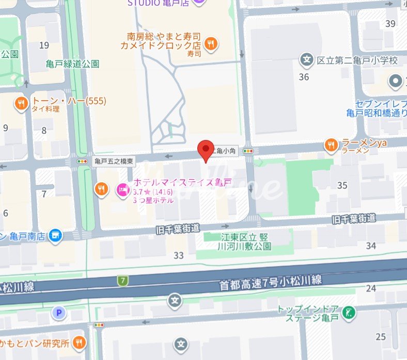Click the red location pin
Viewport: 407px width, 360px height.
coord(206,149)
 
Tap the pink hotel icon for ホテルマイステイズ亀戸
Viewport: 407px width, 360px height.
coord(123,190)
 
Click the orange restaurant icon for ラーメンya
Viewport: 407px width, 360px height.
coord(331,146)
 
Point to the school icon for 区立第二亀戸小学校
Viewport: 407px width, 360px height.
coord(307,60)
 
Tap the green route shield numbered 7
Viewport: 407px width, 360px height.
coord(122,281)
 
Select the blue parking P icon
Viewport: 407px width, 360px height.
coord(58,312)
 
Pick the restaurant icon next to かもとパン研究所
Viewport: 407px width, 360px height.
coord(79,342)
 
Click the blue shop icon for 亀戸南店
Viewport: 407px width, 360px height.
coord(55,236)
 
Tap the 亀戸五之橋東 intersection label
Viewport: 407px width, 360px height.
coord(114,162)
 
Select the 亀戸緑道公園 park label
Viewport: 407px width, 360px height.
coord(72,64)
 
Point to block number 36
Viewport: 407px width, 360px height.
coord(304,77)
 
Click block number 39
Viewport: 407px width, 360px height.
coord(390,23)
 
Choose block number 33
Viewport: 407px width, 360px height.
coord(179,255)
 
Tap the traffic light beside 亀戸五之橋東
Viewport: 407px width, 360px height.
coord(82,162)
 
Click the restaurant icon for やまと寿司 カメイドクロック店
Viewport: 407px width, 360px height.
coord(210,44)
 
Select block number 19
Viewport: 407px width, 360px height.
coord(44,45)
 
